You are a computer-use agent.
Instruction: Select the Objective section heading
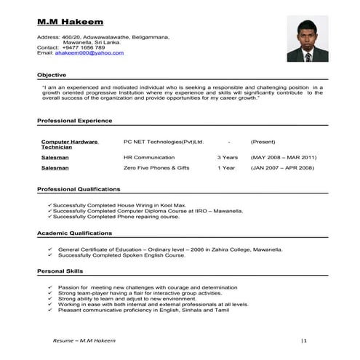pos(52,75)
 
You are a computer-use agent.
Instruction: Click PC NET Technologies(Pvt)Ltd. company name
pos(163,141)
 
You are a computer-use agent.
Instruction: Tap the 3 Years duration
pos(228,157)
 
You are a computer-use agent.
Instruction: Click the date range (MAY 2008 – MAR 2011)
pos(284,157)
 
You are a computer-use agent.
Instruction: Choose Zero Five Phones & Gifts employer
pos(156,168)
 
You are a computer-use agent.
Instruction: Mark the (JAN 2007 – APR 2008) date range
pos(282,168)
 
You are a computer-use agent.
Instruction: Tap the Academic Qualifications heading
pos(74,233)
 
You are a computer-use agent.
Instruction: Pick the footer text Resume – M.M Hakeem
pos(84,340)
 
